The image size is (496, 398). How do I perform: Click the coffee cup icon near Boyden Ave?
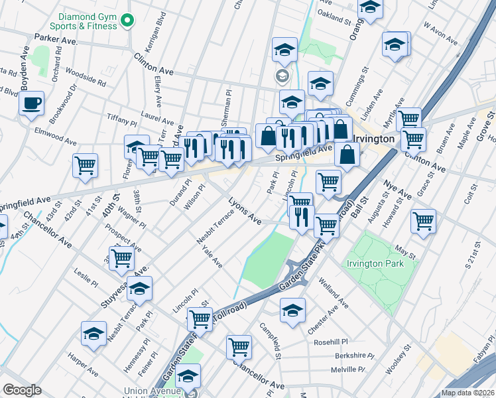pyautogui.click(x=31, y=103)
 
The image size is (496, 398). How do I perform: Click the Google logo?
pyautogui.click(x=22, y=389)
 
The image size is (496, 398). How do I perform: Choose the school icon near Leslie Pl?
pyautogui.click(x=139, y=289)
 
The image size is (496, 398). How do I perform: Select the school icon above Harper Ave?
pyautogui.click(x=94, y=334)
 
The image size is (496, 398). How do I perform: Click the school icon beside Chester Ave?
pyautogui.click(x=292, y=310)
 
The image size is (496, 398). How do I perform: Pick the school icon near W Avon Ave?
pyautogui.click(x=395, y=44)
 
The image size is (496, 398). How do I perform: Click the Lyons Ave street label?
pyautogui.click(x=245, y=208)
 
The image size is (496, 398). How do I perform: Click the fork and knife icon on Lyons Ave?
pyautogui.click(x=302, y=216)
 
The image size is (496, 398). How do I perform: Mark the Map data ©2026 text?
pyautogui.click(x=467, y=393)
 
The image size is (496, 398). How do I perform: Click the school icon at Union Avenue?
pyautogui.click(x=188, y=377)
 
